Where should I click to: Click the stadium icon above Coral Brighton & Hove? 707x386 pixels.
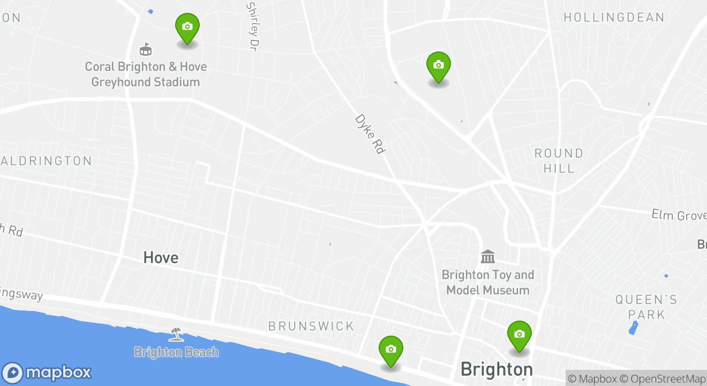tap(145, 49)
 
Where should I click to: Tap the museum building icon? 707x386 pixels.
tap(488, 257)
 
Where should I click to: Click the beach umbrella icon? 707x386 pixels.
tap(176, 335)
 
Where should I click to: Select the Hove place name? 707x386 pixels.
tap(161, 258)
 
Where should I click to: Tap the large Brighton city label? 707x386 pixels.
tap(497, 369)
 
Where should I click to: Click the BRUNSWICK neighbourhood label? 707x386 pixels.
tap(311, 326)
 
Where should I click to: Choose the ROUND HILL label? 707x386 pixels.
tap(559, 161)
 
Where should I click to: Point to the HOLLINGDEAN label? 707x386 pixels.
tap(614, 17)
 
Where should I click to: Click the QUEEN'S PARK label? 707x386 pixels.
tap(646, 307)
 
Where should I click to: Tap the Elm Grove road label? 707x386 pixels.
tap(679, 216)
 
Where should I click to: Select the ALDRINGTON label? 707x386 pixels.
tap(47, 161)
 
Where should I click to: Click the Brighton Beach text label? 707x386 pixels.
tap(176, 352)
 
